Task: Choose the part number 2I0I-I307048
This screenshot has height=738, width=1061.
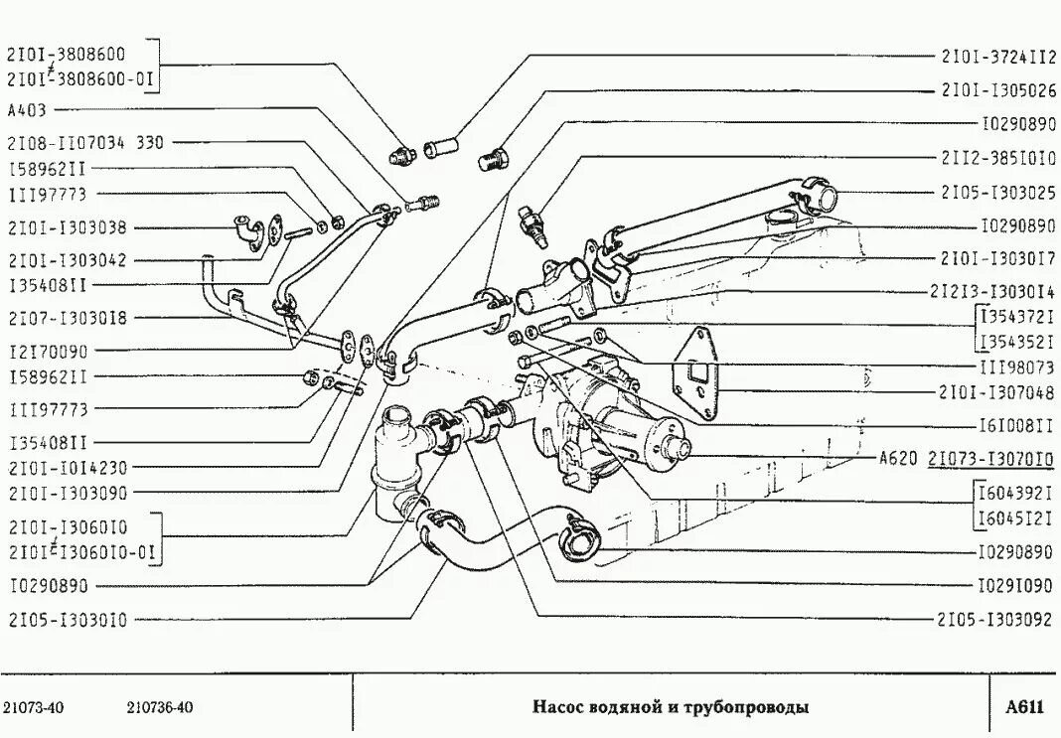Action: click(x=996, y=391)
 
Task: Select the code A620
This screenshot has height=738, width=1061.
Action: click(x=899, y=459)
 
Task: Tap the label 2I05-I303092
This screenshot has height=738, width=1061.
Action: click(x=994, y=619)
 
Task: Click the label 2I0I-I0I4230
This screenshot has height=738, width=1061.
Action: click(x=67, y=467)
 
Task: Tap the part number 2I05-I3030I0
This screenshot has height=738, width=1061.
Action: click(x=67, y=620)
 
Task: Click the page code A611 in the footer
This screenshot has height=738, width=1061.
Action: click(x=1024, y=707)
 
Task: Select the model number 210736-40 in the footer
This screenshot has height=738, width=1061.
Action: click(x=160, y=707)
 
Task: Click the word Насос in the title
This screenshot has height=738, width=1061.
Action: click(x=557, y=707)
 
